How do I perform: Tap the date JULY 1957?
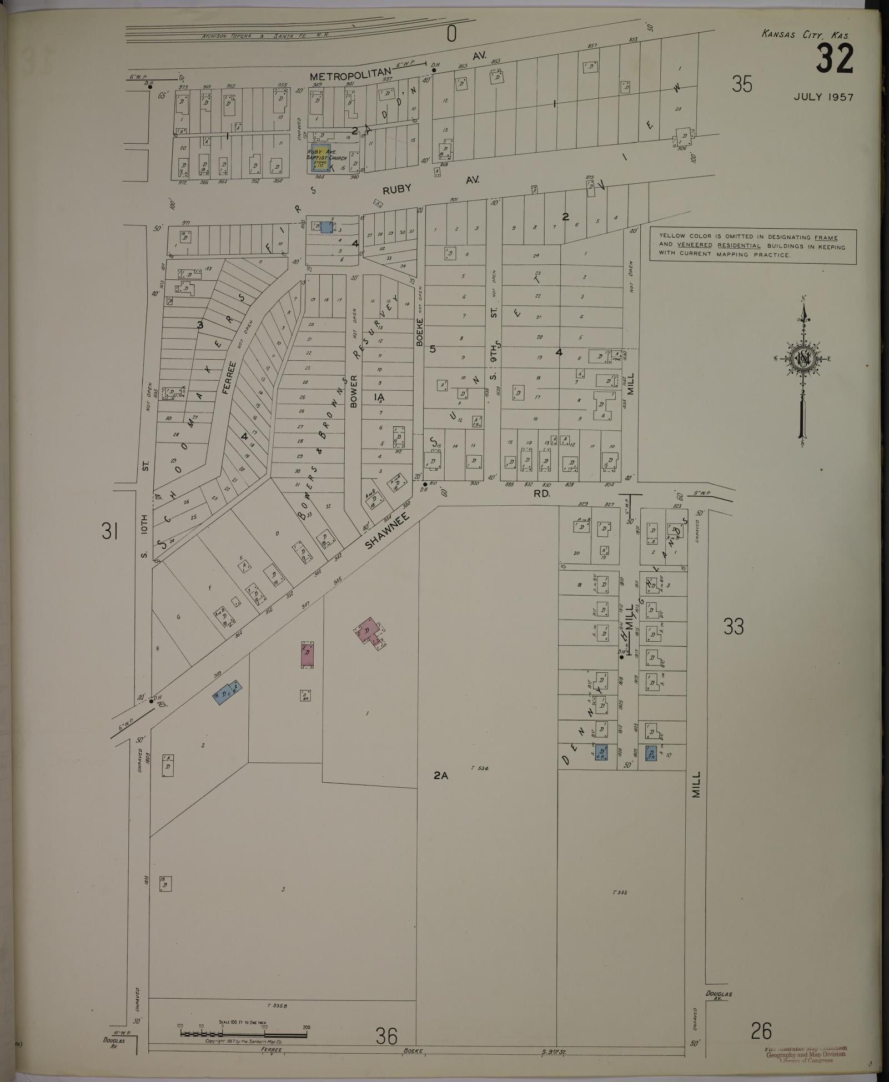[823, 97]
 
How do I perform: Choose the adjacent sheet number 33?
[734, 626]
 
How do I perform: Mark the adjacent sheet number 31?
[109, 532]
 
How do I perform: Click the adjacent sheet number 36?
[386, 1035]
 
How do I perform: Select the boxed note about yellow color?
[752, 246]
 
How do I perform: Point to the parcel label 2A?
[440, 776]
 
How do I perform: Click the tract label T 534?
[479, 768]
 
